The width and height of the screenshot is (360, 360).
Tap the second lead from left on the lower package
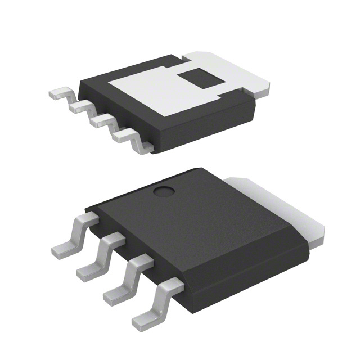click(98, 256)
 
